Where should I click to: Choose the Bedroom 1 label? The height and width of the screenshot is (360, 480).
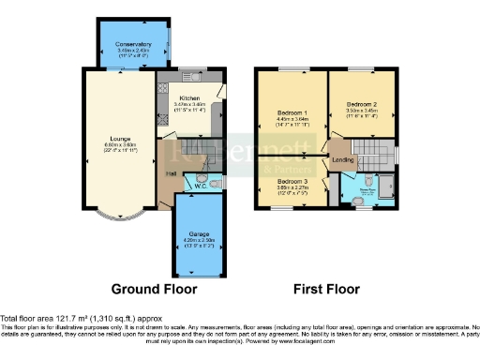(x=292, y=113)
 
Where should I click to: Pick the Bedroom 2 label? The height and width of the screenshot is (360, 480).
(x=361, y=103)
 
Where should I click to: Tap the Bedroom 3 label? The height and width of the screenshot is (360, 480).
(x=292, y=181)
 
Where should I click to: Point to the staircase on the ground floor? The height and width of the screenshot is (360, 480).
(x=196, y=149)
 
